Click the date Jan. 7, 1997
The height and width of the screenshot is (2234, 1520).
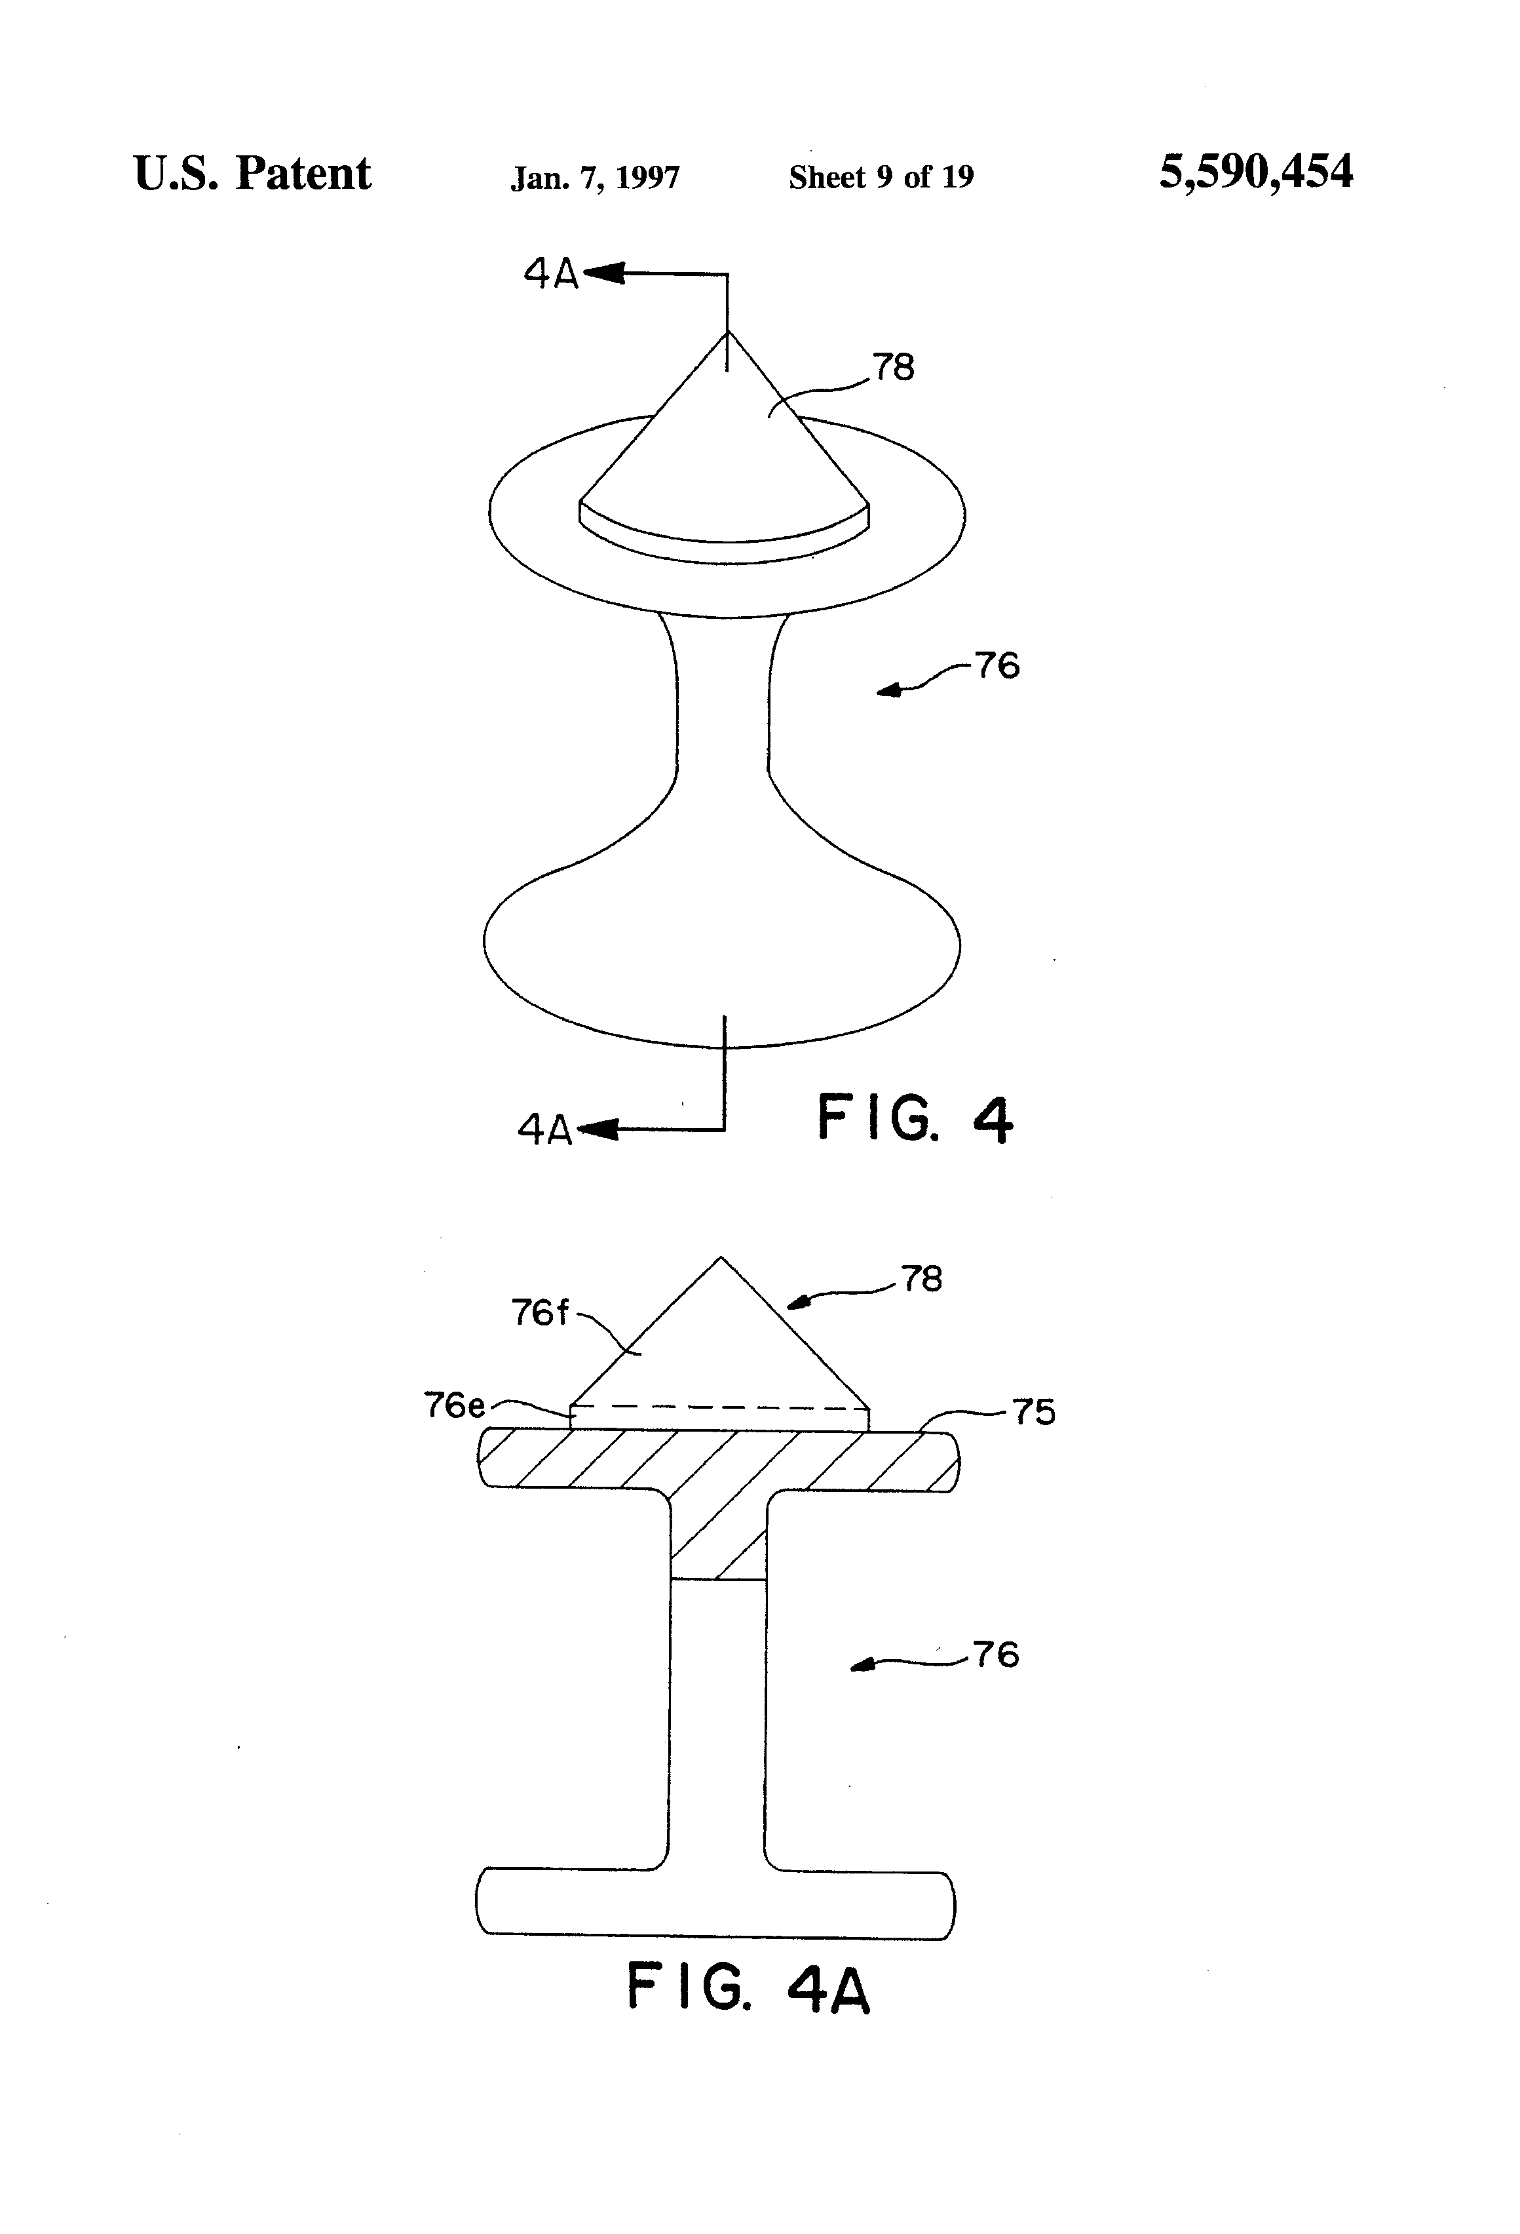point(595,178)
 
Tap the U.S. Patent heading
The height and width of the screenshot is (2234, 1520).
point(252,174)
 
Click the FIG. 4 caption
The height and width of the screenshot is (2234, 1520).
point(914,1119)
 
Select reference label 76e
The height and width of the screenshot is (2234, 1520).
point(455,1405)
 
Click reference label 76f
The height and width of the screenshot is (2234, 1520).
point(539,1312)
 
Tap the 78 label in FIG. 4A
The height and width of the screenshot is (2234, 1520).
point(921,1278)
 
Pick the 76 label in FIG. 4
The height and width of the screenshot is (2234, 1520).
point(997,665)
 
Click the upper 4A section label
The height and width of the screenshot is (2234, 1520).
point(550,274)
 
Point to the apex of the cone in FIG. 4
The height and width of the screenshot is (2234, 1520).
point(727,334)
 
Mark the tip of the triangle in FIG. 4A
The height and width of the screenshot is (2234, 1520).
point(721,1259)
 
